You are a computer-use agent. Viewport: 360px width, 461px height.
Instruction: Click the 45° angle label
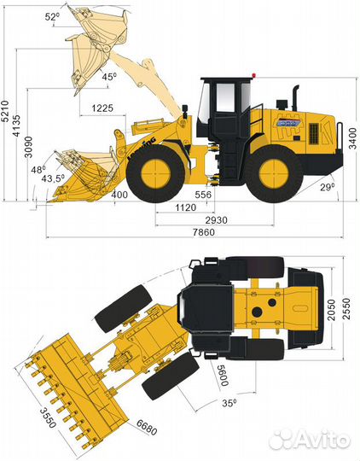point(109,76)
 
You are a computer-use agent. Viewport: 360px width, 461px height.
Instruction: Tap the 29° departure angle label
point(328,186)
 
